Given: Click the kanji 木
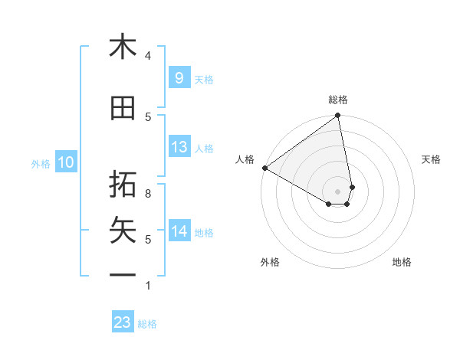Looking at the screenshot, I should point(123,47).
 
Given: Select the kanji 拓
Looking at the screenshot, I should point(123,183).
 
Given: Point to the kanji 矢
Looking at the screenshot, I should point(123,229).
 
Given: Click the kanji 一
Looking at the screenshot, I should point(123,274).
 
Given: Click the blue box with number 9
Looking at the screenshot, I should point(179,78).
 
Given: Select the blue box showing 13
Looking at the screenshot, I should point(179,147).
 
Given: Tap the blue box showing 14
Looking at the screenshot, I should point(179,231).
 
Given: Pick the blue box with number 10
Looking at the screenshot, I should point(66,162).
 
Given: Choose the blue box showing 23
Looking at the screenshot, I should point(123,322).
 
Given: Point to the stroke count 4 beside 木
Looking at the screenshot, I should point(148,55).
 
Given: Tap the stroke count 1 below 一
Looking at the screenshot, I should point(148,286).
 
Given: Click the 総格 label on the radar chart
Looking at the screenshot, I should point(338,100).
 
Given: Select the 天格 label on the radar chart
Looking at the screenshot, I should point(432,159).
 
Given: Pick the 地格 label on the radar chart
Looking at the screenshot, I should point(402,263).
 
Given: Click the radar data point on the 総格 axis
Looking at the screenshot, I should point(338,116).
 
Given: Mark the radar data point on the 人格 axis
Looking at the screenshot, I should point(264,168).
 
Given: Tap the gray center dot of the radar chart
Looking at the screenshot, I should point(338,191).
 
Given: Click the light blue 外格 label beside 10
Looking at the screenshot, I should point(40,163).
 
